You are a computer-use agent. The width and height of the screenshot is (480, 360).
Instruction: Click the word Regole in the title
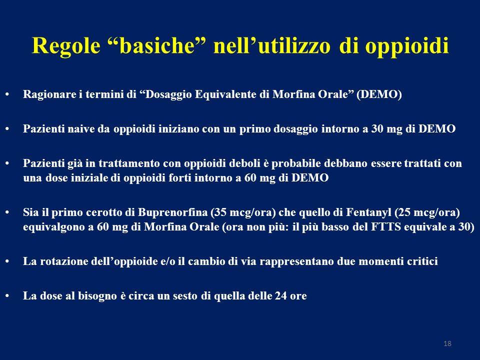pos(66,46)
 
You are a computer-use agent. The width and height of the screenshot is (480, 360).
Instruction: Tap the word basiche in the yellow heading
pos(157,45)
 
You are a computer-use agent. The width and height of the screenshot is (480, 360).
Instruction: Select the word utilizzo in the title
pos(294,45)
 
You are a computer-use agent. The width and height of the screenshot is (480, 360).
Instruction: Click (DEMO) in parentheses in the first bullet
pos(379,94)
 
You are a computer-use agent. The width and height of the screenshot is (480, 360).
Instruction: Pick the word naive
pos(81,129)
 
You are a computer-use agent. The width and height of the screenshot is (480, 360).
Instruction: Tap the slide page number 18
pos(447,343)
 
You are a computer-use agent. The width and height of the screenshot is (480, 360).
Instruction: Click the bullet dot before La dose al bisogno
pos(7,296)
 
